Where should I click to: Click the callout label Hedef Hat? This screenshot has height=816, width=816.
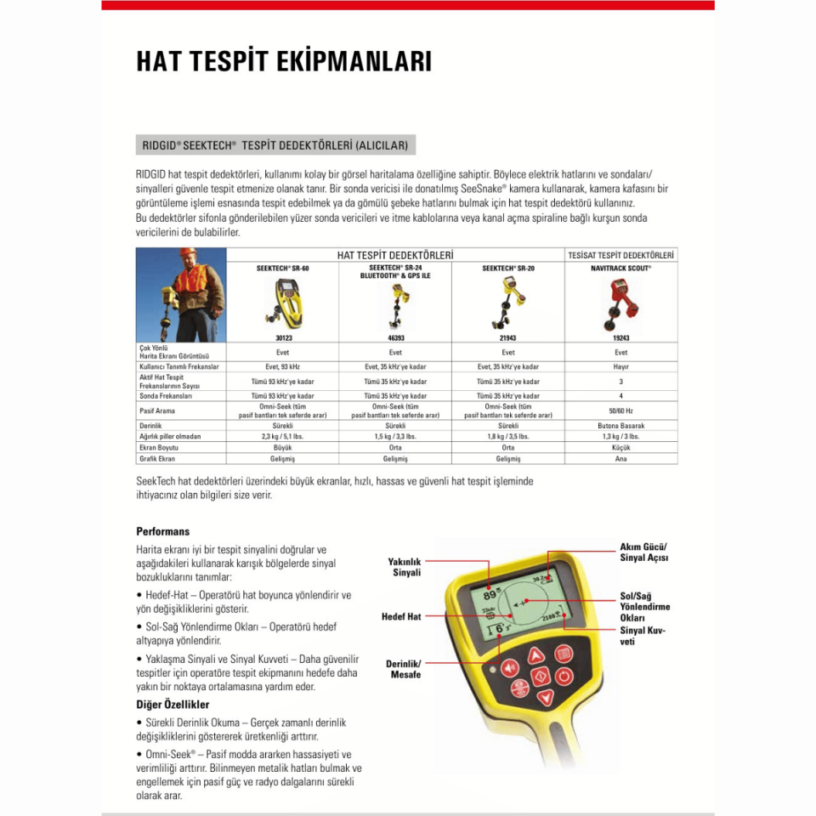click(x=401, y=616)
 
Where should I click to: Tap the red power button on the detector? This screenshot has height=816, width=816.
click(x=564, y=677)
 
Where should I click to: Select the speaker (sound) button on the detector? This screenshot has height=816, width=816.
click(x=509, y=668)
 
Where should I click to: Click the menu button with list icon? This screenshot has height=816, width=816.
click(x=563, y=654)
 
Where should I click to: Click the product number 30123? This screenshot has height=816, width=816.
click(x=283, y=337)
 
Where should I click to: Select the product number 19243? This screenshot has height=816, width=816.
click(x=621, y=337)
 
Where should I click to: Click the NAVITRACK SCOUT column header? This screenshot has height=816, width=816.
click(x=621, y=267)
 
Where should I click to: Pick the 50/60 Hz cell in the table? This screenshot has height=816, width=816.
click(x=621, y=411)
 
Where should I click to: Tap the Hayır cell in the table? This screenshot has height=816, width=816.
click(x=621, y=366)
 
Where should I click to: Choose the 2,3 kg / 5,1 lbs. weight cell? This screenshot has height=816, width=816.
click(x=283, y=436)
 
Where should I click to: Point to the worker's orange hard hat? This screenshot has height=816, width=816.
click(x=188, y=253)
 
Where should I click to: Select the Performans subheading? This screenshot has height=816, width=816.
click(x=162, y=531)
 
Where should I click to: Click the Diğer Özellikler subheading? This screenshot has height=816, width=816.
click(x=173, y=705)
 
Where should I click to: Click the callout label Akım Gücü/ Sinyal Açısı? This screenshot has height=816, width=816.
click(x=643, y=552)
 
